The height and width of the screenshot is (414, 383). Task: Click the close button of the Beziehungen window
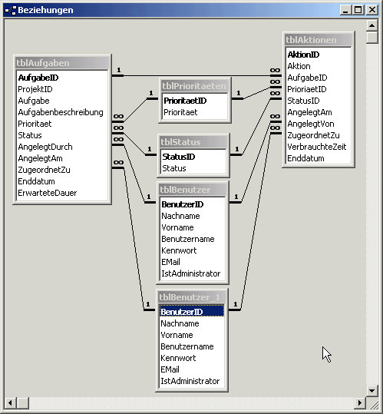[372, 10]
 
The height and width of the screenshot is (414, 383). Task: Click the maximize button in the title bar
[358, 10]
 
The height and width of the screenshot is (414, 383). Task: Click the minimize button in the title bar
[346, 10]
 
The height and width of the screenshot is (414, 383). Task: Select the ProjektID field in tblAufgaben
[35, 89]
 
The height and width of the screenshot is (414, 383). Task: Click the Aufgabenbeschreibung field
[61, 112]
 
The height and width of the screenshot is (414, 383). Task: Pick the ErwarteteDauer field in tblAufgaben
[48, 193]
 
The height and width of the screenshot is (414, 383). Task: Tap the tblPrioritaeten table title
[194, 86]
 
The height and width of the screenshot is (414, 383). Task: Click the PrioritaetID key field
[185, 101]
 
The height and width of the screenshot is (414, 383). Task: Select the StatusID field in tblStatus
[178, 157]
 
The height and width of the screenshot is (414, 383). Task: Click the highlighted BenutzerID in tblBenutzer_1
[182, 312]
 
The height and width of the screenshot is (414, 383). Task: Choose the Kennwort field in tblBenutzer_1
[178, 358]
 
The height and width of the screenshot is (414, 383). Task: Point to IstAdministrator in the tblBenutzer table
[190, 273]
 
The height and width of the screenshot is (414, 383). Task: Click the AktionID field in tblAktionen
[303, 55]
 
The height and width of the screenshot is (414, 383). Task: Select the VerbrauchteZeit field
[316, 147]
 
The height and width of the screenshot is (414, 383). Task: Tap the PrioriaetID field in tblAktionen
[307, 89]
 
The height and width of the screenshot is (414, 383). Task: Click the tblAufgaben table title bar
[62, 63]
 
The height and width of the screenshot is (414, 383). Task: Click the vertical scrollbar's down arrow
[372, 390]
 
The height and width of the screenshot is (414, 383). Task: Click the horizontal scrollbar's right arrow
[360, 403]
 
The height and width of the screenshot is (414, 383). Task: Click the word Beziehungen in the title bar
[45, 10]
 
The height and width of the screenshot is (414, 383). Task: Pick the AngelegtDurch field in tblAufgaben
[45, 147]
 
